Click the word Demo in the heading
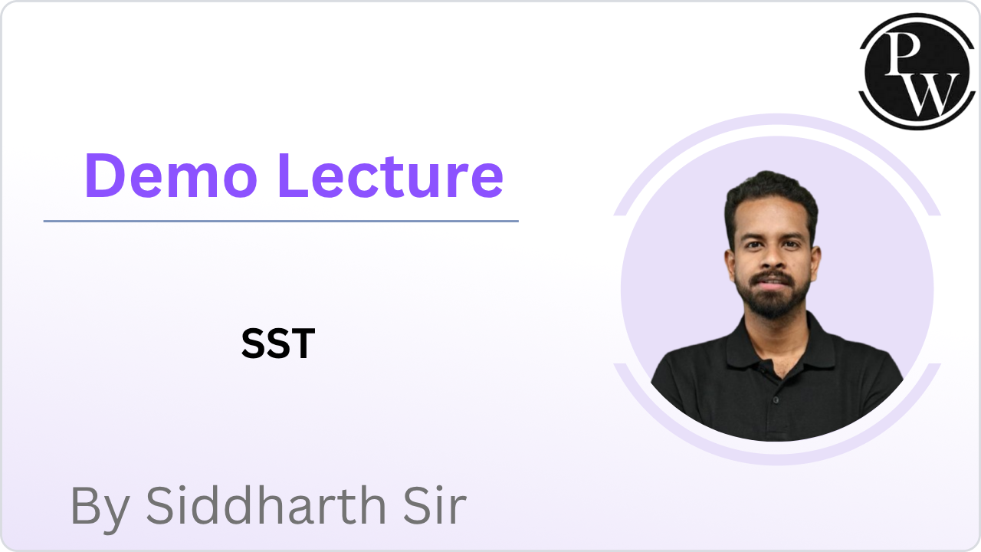coord(170,175)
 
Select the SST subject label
coord(277,344)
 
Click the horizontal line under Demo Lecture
coord(281,221)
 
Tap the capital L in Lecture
coord(294,175)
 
